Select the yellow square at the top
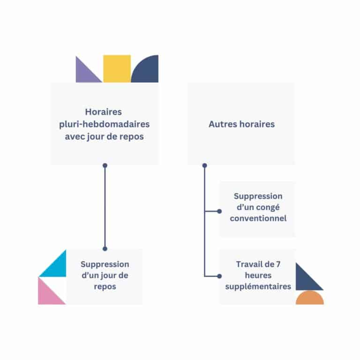[x=117, y=69]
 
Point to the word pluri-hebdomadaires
[x=105, y=124]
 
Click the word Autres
[x=222, y=124]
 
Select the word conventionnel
[x=258, y=218]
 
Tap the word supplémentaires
[x=258, y=286]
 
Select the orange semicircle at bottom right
[x=310, y=299]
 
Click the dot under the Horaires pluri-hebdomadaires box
[x=105, y=165]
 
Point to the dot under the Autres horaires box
[x=204, y=165]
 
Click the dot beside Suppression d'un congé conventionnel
[x=219, y=211]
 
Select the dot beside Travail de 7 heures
[x=219, y=276]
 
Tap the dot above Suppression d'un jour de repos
[x=105, y=248]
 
